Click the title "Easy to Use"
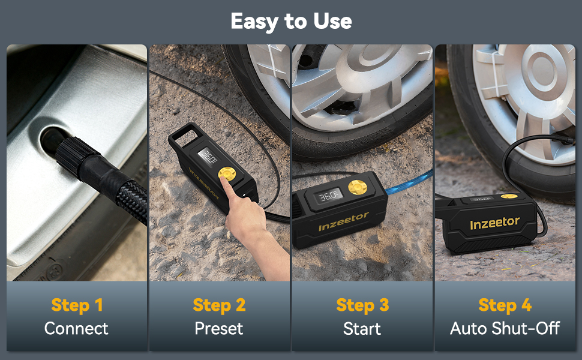pos(291,22)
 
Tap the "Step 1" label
pos(77,305)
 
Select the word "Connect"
pos(77,328)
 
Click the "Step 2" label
pos(219,305)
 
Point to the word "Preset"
pos(219,328)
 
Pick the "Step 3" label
pos(362,305)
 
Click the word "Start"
pos(362,328)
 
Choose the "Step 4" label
pos(505,305)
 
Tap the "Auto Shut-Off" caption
pos(505,328)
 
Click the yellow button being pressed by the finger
pos(226,174)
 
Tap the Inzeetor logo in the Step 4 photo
pos(494,223)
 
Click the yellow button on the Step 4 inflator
pos(509,196)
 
